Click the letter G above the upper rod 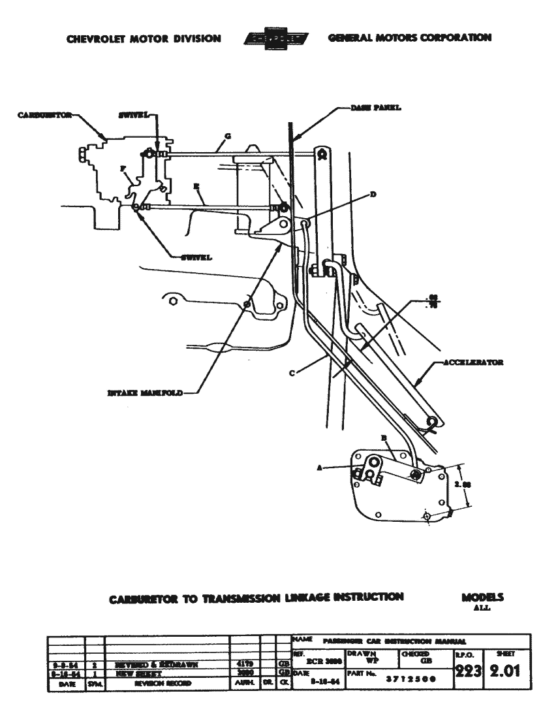[x=226, y=138]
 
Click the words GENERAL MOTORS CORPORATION [x=410, y=38]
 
